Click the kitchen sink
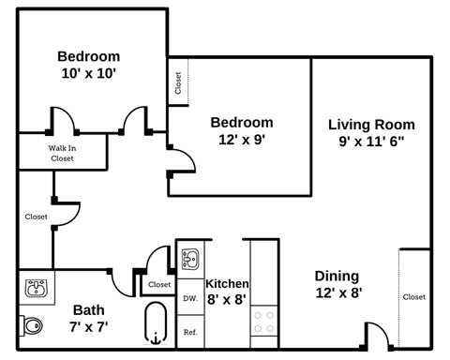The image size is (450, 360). (190, 259)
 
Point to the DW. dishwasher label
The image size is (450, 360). (189, 299)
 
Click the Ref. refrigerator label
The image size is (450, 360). (189, 332)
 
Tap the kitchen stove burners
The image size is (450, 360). (263, 322)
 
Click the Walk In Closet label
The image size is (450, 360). (62, 153)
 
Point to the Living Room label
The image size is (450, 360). (371, 125)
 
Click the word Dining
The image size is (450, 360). (337, 276)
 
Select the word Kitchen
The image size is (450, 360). (227, 284)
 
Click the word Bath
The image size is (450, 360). (89, 309)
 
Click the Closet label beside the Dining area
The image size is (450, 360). (413, 296)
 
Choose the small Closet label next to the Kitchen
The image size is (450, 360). (159, 284)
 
